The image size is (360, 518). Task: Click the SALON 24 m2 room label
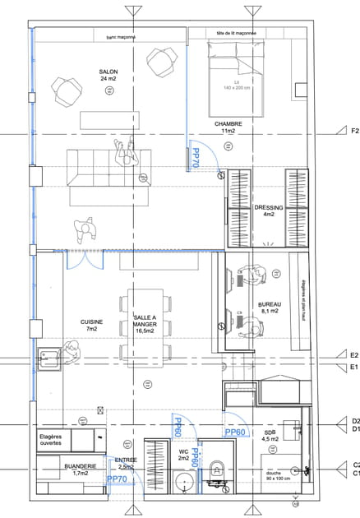(108, 76)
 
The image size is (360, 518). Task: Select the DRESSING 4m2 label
(269, 211)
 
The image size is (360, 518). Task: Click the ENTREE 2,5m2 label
(126, 464)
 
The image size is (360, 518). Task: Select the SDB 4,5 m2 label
(269, 436)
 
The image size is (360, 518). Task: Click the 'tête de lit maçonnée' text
(236, 34)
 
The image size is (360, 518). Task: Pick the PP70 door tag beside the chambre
(196, 159)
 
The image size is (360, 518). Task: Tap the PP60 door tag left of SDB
(235, 432)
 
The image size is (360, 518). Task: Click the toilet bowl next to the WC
(217, 469)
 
